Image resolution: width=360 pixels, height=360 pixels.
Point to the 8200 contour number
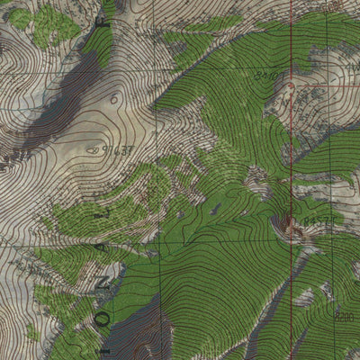343,316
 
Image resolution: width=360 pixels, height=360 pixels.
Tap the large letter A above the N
102,243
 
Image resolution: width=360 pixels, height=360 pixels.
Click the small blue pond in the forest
216,210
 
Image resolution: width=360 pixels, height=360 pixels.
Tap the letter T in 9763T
131,149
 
